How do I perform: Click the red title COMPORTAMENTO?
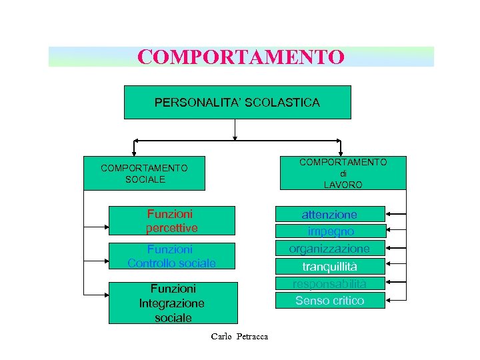pos(241,57)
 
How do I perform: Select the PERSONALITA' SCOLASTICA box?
pos(237,103)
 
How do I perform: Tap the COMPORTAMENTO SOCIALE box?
pos(144,174)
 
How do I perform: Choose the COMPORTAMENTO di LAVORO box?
pos(343,173)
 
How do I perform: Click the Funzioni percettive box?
pos(172,221)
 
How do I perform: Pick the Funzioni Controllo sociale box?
pos(172,257)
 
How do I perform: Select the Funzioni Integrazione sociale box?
pos(172,303)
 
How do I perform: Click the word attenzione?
pos(329,215)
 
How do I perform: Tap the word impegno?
pos(331,231)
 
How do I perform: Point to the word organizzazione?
pos(329,248)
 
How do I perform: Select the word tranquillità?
pos(329,266)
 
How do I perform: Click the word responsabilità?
pos(329,283)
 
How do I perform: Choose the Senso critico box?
pos(329,301)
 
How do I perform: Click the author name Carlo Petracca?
pos(239,336)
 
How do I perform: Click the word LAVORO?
pos(343,185)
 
